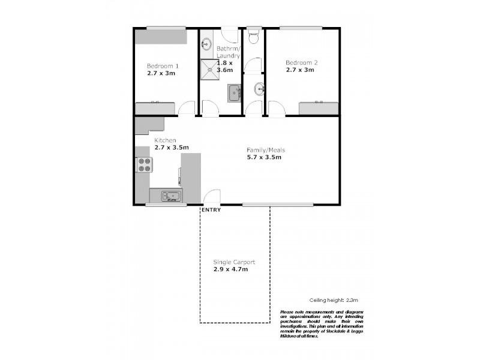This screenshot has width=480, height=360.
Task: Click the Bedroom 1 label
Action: tap(163, 66)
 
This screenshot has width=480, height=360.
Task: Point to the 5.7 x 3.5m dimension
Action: tap(264, 157)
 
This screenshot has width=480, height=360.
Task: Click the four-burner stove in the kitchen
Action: tap(144, 164)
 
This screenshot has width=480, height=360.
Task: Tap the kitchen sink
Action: tap(169, 196)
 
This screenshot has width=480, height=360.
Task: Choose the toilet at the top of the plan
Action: tap(253, 35)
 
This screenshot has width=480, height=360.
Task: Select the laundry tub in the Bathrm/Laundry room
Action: tap(234, 92)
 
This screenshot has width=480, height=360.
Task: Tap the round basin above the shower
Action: tap(206, 44)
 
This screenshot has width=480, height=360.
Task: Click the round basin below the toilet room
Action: tap(259, 89)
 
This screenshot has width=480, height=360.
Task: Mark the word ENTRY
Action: tap(211, 210)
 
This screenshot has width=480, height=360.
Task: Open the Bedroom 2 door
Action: tap(277, 109)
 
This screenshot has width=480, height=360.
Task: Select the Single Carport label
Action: tap(234, 262)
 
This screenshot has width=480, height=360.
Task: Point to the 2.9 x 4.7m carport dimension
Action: tap(231, 269)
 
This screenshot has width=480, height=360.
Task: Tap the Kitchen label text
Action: tap(165, 140)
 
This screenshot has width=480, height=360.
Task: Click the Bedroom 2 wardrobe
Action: tap(319, 108)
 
